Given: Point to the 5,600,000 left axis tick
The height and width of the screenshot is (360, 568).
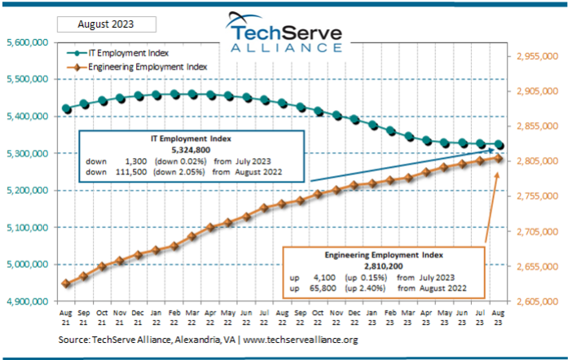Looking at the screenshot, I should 27,42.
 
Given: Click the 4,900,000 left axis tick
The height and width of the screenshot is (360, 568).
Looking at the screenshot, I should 27,301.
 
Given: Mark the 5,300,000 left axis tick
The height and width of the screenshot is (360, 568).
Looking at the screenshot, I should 27,153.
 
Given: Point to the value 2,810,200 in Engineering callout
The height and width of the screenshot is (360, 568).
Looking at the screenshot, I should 382,266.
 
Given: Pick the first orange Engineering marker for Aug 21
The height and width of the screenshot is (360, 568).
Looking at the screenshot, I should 66,283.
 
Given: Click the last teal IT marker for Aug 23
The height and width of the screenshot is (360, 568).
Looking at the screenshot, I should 499,145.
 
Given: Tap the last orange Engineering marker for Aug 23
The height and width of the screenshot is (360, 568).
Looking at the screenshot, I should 499,158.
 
